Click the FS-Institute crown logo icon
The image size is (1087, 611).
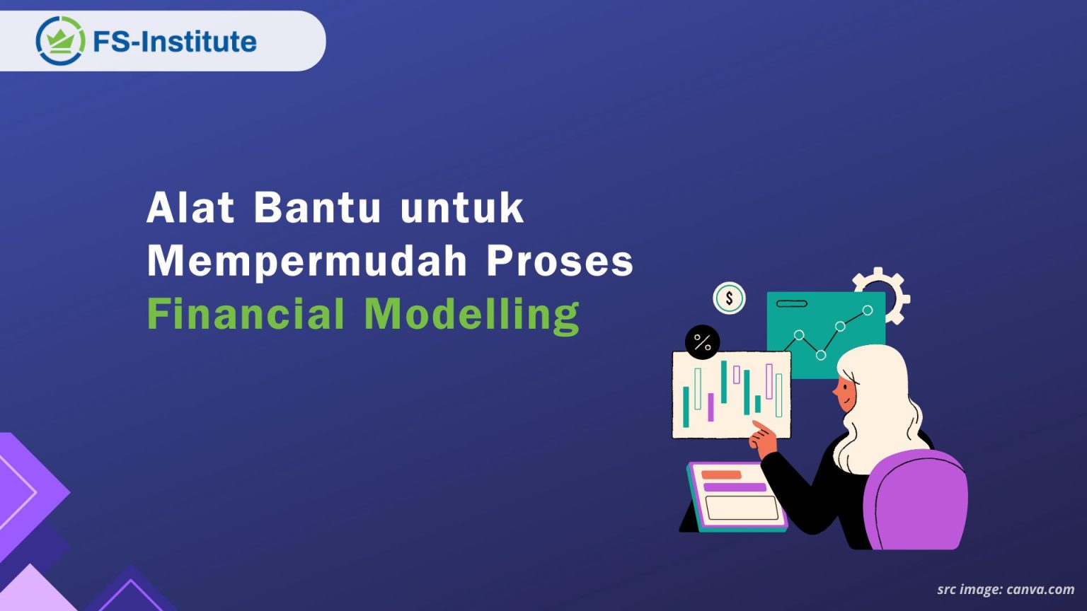point(59,41)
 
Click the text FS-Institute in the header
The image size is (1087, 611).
point(174,42)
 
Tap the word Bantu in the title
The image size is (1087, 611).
point(317,208)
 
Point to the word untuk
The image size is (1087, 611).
point(461,208)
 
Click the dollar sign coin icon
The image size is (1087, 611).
point(729,298)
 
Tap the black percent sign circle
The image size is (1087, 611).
point(702,342)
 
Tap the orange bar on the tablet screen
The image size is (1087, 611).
point(721,475)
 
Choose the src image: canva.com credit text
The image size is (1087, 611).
point(1005,589)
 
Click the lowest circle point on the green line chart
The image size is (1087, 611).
point(821,355)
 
